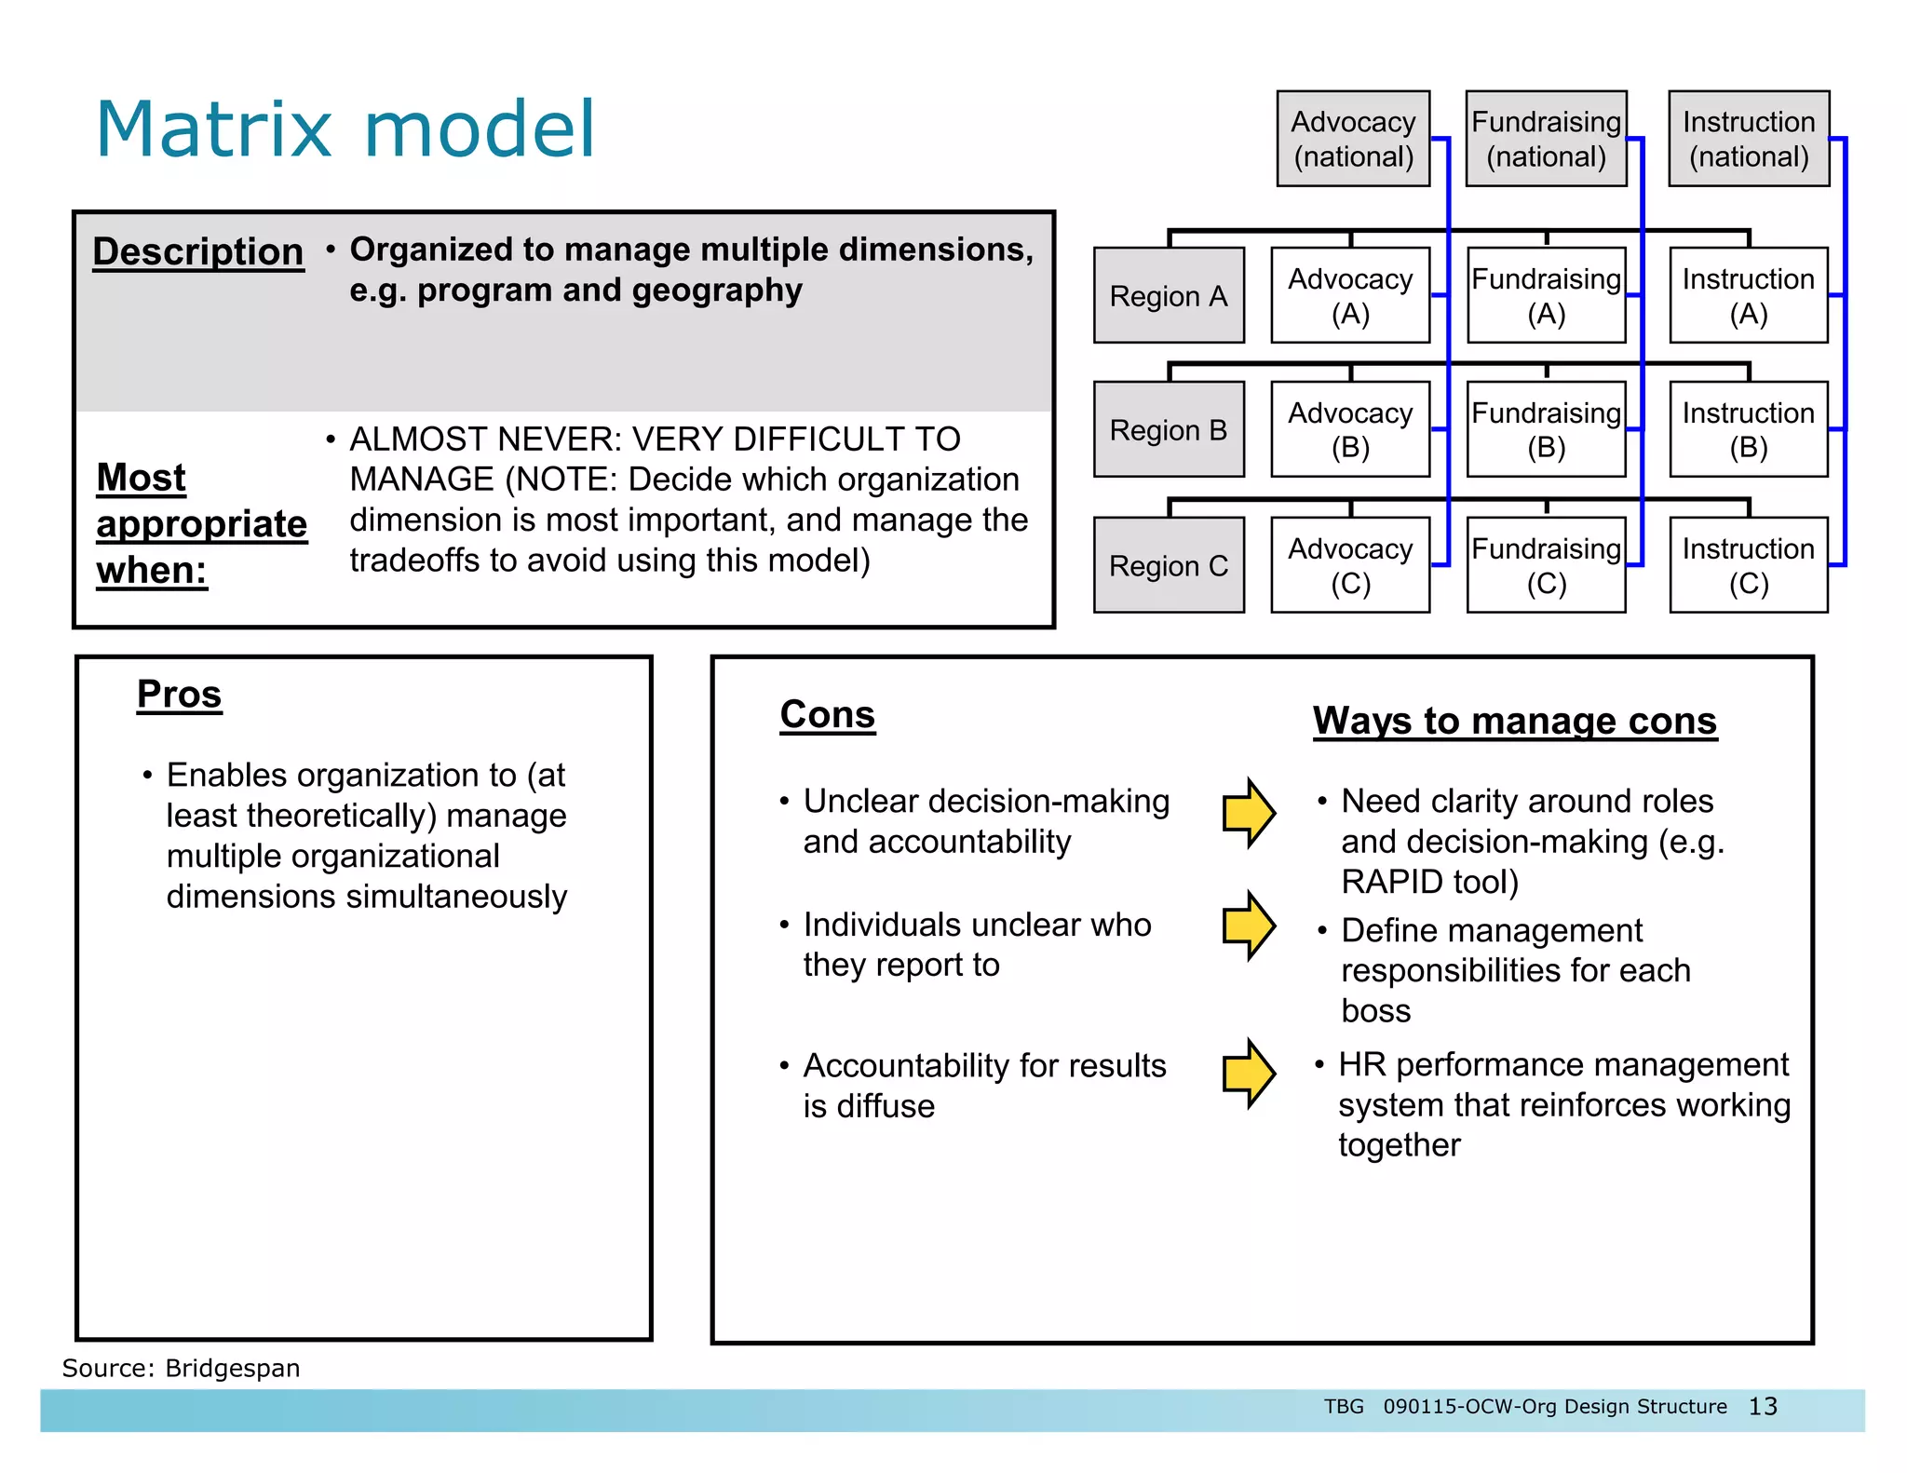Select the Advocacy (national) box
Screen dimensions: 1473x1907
click(1352, 139)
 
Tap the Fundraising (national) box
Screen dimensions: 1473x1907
click(1546, 139)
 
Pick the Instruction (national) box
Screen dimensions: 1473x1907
click(1748, 139)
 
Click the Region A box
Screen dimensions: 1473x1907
click(1169, 296)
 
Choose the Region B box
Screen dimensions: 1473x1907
click(1169, 430)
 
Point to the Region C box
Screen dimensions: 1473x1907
click(1169, 565)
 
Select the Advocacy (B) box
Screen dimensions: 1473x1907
click(1350, 430)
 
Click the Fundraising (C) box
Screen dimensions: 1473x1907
click(1546, 565)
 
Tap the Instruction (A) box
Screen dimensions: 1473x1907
click(1748, 296)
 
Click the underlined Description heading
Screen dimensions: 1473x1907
click(198, 251)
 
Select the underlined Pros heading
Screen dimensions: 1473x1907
click(179, 695)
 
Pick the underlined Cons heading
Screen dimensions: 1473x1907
click(828, 715)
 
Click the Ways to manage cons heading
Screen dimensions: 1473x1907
click(1515, 722)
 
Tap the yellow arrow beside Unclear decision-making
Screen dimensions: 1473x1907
click(1249, 813)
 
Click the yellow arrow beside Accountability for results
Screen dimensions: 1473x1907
click(1249, 1074)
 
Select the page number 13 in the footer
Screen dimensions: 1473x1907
click(1763, 1406)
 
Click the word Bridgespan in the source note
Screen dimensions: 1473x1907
click(232, 1368)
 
